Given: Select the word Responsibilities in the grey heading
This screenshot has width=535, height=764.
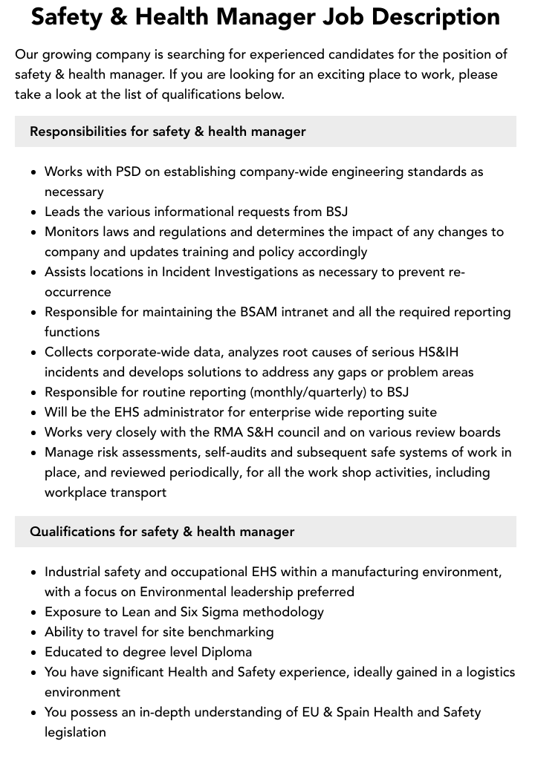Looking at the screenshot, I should (78, 131).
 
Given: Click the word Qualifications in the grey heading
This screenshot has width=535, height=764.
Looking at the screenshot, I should (72, 532).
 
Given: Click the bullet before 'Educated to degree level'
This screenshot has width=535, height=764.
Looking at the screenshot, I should (34, 653).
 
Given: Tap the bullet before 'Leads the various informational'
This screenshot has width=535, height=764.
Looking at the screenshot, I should (34, 212).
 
